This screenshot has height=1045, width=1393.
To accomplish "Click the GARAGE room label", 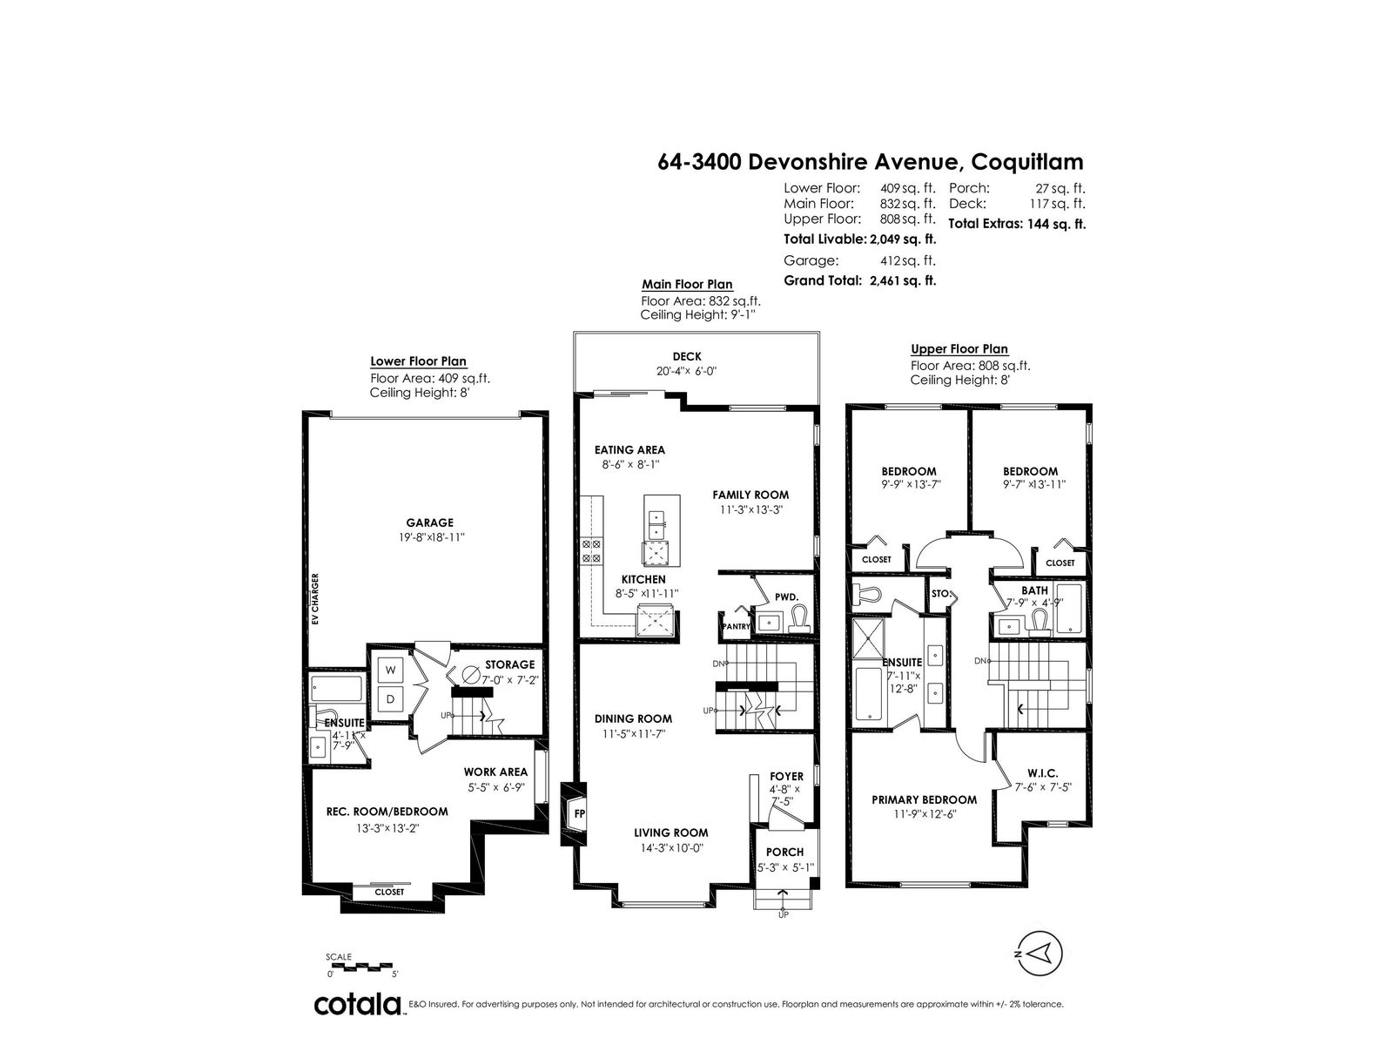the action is tap(429, 522).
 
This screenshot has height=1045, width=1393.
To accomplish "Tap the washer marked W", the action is tap(390, 670).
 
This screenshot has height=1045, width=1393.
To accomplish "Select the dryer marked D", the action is tap(390, 699).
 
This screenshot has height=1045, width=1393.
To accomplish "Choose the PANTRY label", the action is tap(737, 626).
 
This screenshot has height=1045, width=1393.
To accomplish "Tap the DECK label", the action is tap(687, 356).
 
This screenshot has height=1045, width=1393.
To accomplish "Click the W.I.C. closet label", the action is tap(1043, 773).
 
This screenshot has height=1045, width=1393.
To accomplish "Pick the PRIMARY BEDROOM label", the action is tap(924, 799).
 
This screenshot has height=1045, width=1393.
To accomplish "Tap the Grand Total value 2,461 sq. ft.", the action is tap(903, 280).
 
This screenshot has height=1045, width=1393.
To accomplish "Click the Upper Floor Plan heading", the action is tap(959, 349).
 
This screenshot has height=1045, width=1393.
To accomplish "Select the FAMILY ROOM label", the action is tap(750, 495).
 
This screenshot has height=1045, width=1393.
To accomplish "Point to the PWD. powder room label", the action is tap(786, 597).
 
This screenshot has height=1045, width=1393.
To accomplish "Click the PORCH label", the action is tap(784, 853).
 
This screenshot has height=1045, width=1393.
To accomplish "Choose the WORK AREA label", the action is tap(495, 772).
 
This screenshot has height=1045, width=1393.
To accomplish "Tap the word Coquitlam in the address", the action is tap(1027, 162).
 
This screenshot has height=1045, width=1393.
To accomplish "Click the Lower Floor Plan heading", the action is tap(418, 361).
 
